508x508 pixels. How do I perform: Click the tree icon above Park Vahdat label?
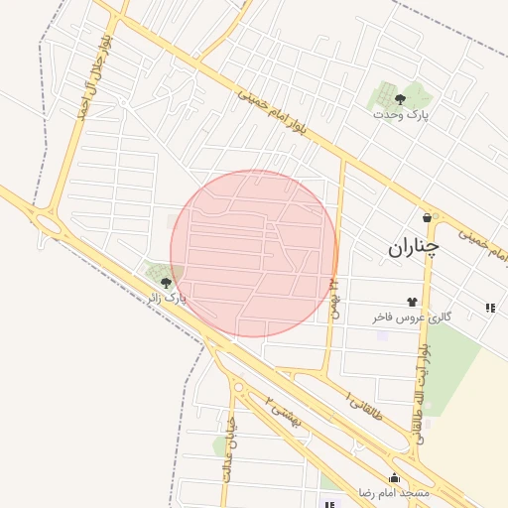coord(400,98)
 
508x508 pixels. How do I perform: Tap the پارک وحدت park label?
coord(401,115)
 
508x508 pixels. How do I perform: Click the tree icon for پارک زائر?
coord(166,283)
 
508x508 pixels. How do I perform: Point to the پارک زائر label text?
coord(167,297)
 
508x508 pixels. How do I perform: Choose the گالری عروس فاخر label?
coord(412,317)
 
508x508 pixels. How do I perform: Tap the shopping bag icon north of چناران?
coord(427,217)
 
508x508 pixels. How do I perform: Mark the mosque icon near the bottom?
coord(394,477)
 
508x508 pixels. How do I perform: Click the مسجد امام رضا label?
coord(394,493)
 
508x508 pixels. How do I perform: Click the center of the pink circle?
coord(254,253)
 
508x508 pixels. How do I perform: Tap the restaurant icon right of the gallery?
coord(490,308)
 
